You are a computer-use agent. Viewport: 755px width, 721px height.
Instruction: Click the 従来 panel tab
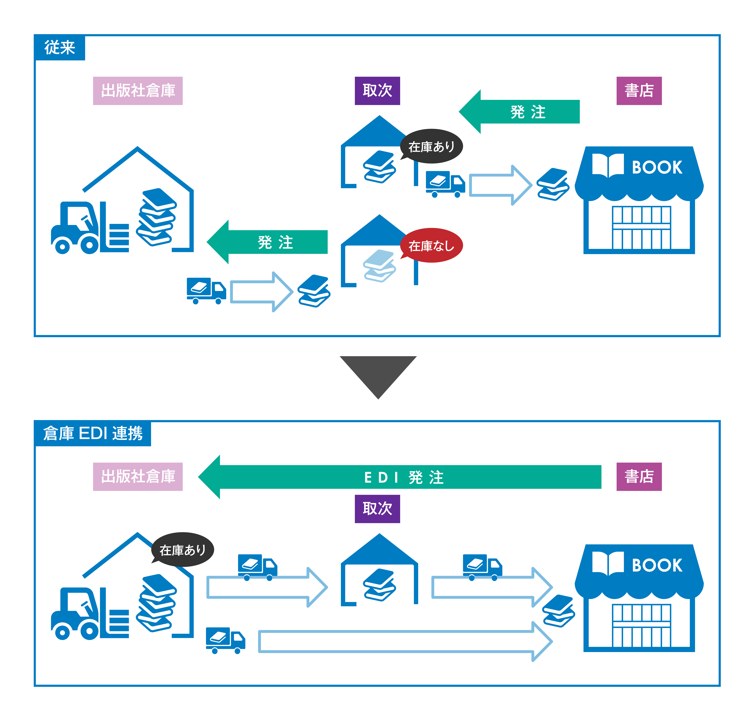[60, 48]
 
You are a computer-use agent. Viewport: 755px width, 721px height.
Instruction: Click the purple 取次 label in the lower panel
[377, 509]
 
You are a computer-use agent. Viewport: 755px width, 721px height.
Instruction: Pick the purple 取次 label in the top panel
[377, 91]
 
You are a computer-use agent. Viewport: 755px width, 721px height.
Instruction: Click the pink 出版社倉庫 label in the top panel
[138, 91]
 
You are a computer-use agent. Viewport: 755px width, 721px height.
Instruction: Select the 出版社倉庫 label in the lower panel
[138, 477]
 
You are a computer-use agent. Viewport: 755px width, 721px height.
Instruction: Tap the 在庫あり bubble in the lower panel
[183, 550]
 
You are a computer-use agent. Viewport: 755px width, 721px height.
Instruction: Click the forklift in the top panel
[90, 229]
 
